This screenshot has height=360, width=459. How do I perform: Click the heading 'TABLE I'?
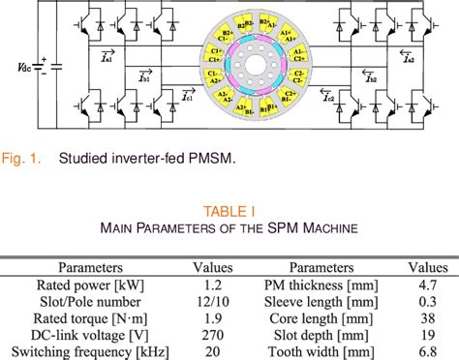(x=229, y=210)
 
